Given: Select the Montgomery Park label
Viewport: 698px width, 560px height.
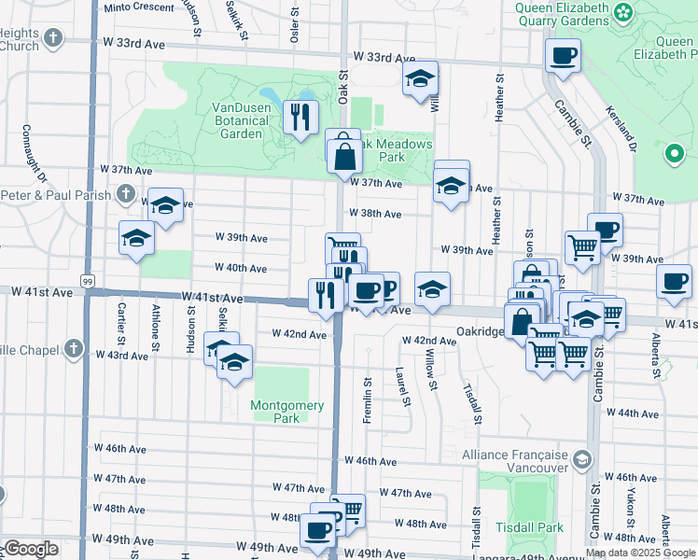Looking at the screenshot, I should pos(287,412).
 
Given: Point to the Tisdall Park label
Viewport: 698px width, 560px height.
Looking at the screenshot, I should pos(528,527).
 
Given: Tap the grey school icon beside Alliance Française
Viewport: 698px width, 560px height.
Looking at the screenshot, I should pos(583,459).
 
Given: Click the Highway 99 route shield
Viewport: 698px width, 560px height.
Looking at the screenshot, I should pos(88,281).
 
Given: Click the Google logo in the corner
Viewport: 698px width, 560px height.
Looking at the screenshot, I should pos(31,549).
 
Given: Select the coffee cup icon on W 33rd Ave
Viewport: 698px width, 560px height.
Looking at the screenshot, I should pos(563,56).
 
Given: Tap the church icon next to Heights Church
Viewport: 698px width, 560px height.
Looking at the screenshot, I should pos(54,38).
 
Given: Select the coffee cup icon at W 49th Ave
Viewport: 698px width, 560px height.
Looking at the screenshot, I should pos(317,530).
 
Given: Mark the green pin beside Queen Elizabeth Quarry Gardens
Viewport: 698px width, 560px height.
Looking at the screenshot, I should pos(673,152).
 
